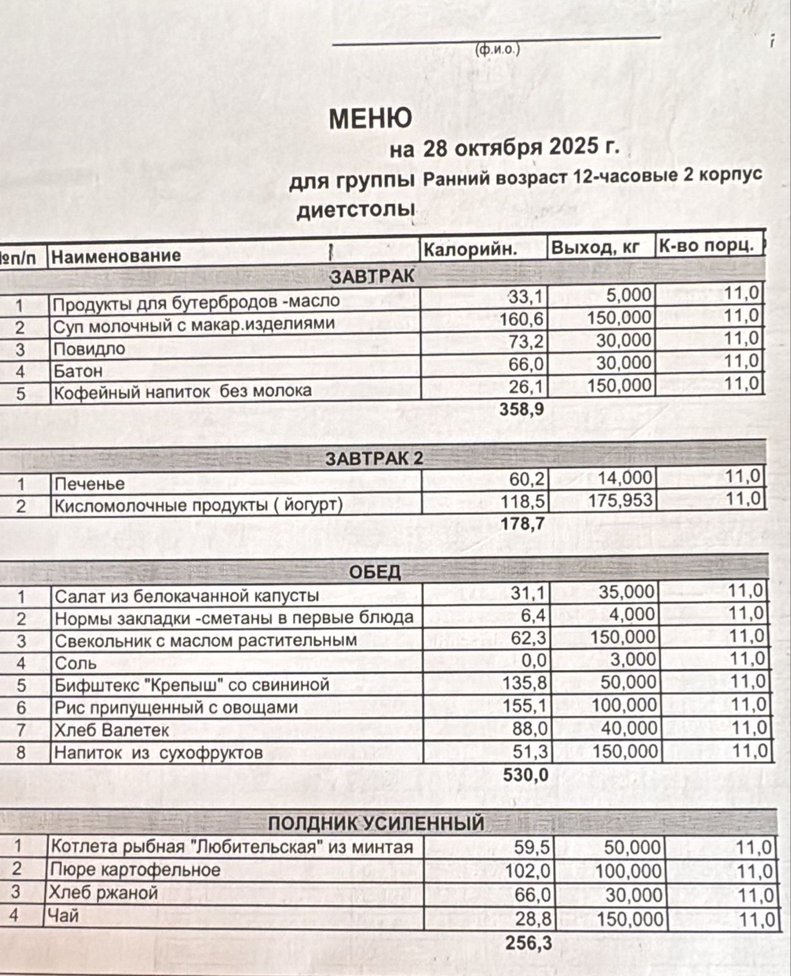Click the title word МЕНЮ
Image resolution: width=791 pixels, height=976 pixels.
[x=370, y=118]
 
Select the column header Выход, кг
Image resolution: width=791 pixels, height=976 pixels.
[x=595, y=248]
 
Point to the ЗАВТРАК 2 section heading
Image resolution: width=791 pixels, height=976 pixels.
[x=374, y=459]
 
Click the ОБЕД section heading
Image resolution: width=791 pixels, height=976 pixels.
[x=375, y=572]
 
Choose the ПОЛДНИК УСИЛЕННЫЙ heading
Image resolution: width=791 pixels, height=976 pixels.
[x=376, y=823]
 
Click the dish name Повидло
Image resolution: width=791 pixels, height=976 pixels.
[x=89, y=349]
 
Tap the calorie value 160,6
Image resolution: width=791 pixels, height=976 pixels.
[x=521, y=319]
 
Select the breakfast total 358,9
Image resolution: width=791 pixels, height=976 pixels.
[x=521, y=409]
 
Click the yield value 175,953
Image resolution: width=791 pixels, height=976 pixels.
[x=620, y=501]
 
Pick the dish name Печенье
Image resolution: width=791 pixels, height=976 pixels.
[x=89, y=484]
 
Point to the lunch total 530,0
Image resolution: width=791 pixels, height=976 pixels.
[x=526, y=775]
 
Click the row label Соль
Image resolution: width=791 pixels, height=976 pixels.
[x=76, y=663]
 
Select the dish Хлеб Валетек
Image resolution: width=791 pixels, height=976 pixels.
[x=112, y=730]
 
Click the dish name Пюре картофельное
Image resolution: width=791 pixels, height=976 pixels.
[x=135, y=869]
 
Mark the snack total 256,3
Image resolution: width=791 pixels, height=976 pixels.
[x=528, y=943]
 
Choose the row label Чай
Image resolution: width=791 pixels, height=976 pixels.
[x=64, y=915]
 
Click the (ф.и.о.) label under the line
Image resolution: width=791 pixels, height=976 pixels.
[x=497, y=49]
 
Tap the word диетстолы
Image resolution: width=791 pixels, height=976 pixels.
[x=356, y=210]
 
